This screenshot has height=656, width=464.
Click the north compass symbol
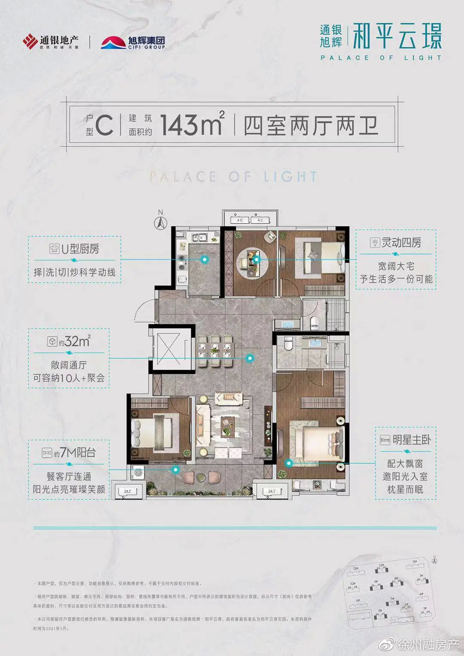(x=161, y=222)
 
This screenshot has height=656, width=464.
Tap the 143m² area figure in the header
(x=192, y=125)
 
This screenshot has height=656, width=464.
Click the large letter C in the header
(x=104, y=125)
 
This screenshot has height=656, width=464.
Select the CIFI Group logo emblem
(x=113, y=43)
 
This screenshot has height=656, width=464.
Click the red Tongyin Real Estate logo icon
(x=30, y=42)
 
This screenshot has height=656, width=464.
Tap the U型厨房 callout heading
(x=75, y=249)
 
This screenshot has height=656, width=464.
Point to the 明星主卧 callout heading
(x=406, y=440)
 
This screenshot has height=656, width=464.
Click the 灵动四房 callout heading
(x=396, y=243)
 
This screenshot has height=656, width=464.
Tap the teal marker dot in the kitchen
(x=205, y=259)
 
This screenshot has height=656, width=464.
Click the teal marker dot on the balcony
(x=175, y=470)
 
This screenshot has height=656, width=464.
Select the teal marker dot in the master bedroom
(x=289, y=463)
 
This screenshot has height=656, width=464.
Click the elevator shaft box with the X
(x=169, y=348)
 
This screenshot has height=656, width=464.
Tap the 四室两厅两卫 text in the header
(x=311, y=125)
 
